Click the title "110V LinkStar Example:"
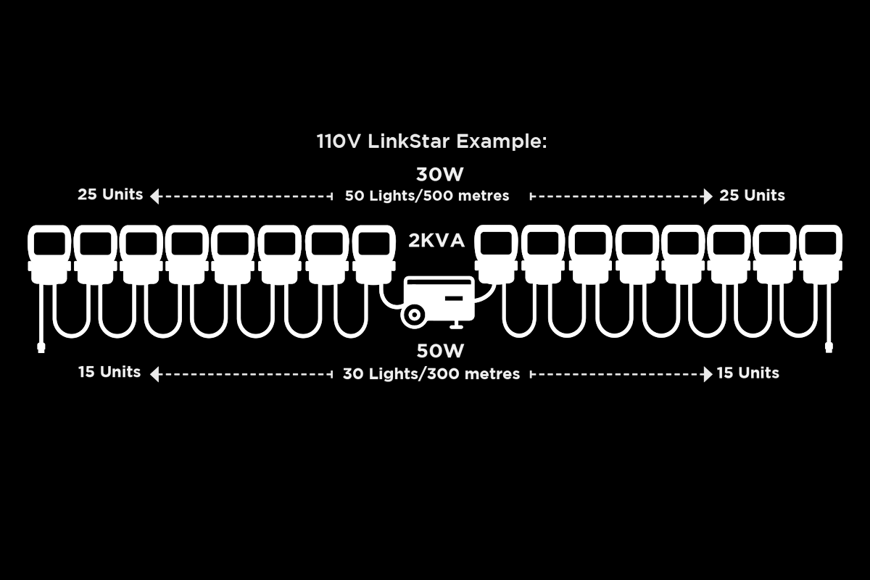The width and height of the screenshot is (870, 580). point(431,141)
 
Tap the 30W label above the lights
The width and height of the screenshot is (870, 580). point(439,175)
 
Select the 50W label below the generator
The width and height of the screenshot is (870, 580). point(440,351)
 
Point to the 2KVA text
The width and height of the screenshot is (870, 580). point(436,241)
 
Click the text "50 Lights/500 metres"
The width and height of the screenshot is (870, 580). point(427,196)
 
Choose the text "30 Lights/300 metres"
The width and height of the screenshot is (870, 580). point(431,373)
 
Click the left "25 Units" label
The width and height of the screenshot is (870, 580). point(110,194)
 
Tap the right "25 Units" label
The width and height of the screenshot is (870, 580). point(752,196)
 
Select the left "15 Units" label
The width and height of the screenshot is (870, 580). point(109,372)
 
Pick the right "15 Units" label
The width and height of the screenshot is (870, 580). point(748,373)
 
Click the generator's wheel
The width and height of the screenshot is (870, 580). point(414,315)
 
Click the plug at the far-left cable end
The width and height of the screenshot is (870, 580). point(41,348)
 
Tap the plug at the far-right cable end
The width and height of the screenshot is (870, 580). point(829,348)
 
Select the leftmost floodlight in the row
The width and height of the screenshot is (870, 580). point(49,254)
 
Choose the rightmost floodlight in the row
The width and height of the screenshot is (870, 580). point(821,254)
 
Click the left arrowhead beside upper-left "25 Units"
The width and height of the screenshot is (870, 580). point(154,196)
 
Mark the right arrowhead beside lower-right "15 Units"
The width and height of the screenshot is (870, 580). point(708,375)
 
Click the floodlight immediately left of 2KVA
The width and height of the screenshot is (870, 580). point(374,254)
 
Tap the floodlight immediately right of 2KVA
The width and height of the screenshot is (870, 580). point(496,254)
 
